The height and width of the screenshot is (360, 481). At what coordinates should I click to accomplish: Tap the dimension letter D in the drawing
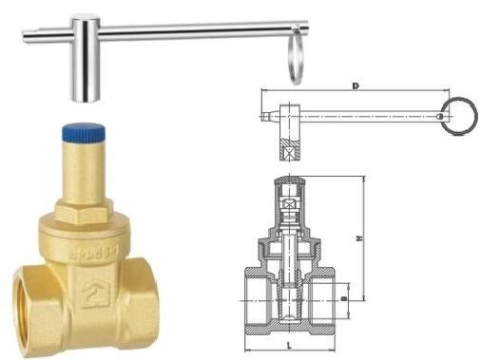pyautogui.click(x=354, y=87)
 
